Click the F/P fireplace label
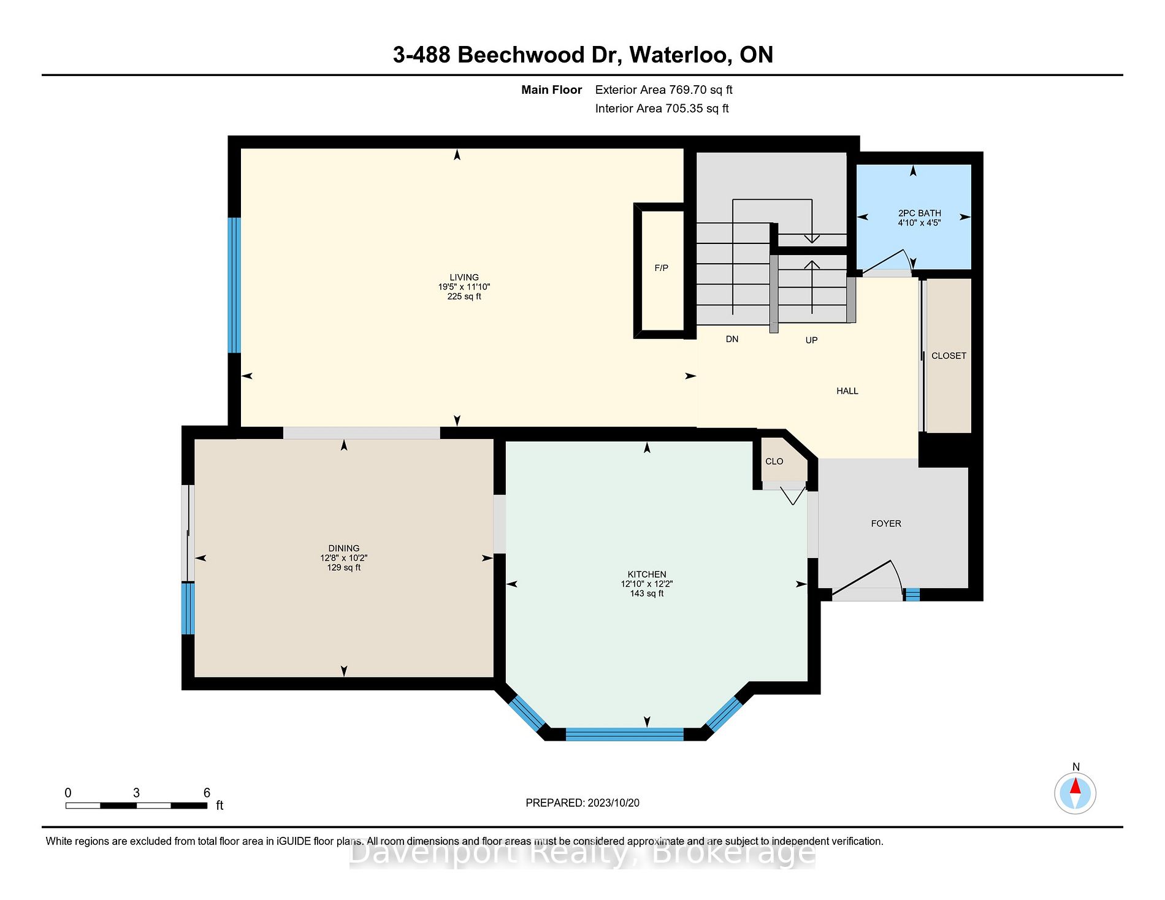[x=661, y=268]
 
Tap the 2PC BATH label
[x=919, y=213]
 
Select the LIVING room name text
[x=464, y=277]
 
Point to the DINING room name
[x=344, y=548]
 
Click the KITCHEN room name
[x=647, y=574]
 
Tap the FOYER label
[x=886, y=524]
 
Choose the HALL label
[x=847, y=391]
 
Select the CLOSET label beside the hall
[x=949, y=356]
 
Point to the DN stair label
[x=732, y=339]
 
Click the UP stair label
[x=811, y=340]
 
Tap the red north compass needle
[x=1075, y=785]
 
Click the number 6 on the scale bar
[x=207, y=793]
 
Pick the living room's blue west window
[x=234, y=285]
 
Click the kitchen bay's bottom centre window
[x=624, y=734]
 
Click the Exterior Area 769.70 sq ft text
[x=663, y=90]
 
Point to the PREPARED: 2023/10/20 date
[x=582, y=803]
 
